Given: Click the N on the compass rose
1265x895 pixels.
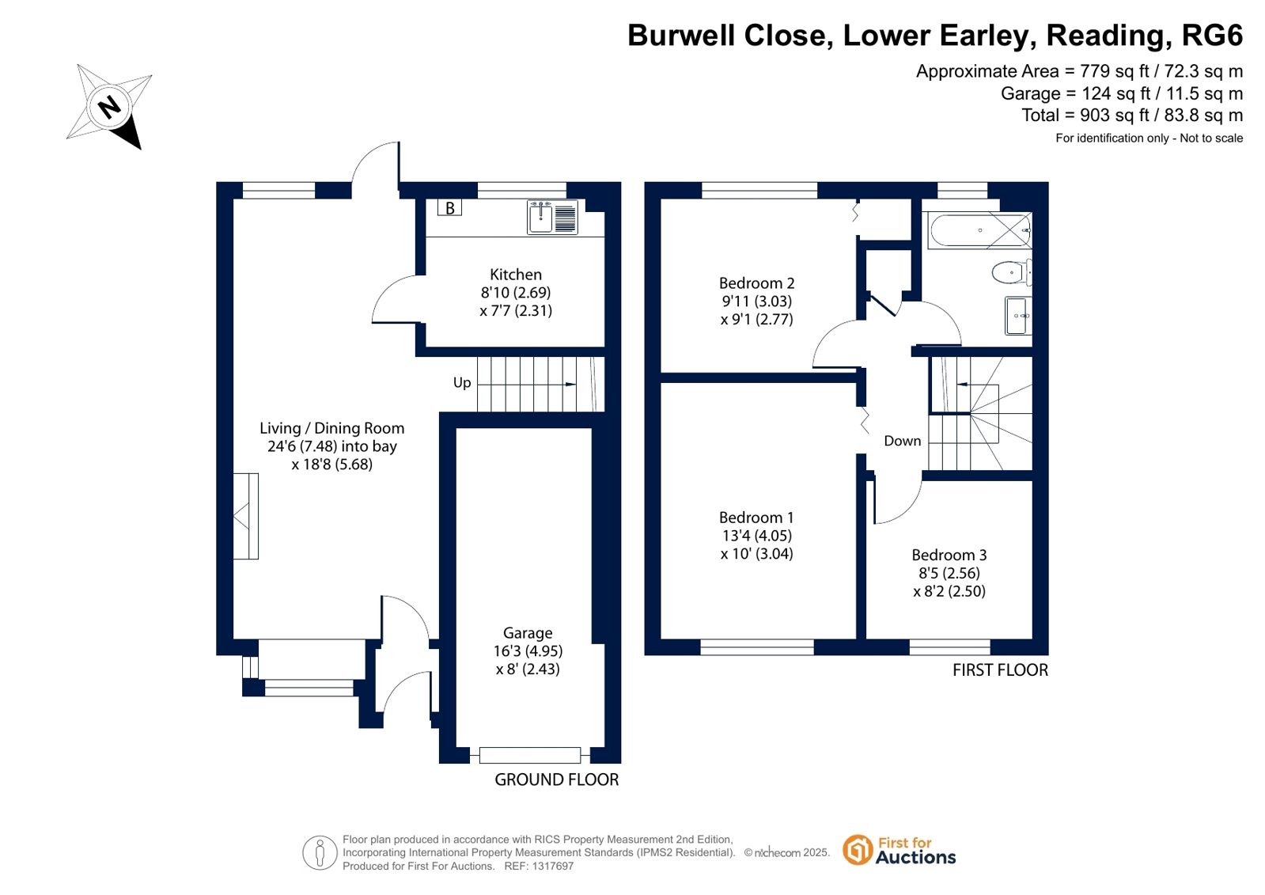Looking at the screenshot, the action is click(109, 107).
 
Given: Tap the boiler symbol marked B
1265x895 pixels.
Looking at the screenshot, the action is click(449, 208).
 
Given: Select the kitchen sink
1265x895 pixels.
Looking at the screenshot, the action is click(552, 217).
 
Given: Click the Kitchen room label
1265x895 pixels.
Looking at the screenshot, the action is click(516, 275).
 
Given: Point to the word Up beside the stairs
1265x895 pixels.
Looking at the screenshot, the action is click(462, 383).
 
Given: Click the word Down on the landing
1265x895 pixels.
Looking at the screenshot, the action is click(902, 441).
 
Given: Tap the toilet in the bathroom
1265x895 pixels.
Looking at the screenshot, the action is click(1011, 272).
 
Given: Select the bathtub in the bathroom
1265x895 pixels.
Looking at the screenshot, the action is click(980, 230).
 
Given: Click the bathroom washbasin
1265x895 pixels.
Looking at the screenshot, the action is click(1018, 316).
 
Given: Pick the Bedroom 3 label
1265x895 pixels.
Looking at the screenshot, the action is click(949, 555).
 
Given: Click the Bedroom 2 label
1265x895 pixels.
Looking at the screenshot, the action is click(756, 283).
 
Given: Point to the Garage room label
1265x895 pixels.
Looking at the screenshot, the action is click(528, 633).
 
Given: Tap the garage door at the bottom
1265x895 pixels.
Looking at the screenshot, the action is click(530, 755).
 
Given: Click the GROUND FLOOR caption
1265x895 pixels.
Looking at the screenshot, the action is click(556, 779).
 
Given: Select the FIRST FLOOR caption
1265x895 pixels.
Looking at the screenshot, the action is click(1000, 670).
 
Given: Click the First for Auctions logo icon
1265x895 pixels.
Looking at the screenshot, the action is click(858, 850).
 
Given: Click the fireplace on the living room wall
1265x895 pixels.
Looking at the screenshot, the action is click(246, 517).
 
